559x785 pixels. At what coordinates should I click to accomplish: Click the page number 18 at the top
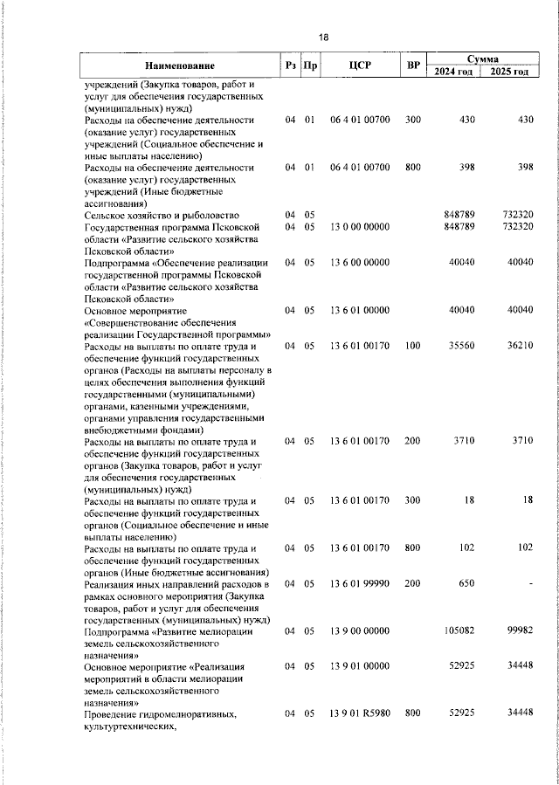click(x=323, y=38)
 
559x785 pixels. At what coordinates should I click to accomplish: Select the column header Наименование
click(x=180, y=65)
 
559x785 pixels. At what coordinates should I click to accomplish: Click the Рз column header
click(x=290, y=65)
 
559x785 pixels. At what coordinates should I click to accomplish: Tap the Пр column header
click(x=309, y=65)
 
